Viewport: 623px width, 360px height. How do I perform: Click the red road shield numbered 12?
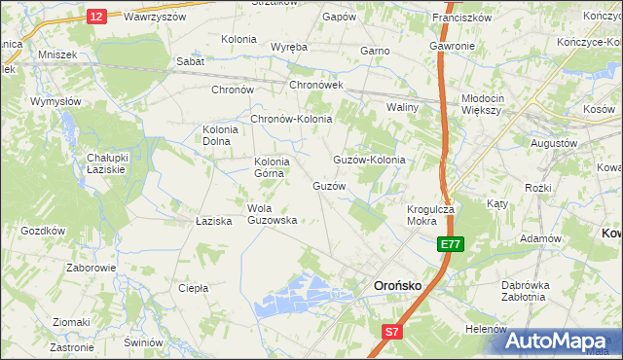95,17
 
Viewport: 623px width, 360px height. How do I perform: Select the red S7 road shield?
390,333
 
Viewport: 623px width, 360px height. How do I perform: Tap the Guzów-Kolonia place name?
369,160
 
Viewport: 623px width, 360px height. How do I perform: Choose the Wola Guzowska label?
272,214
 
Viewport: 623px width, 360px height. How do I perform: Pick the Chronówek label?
316,86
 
